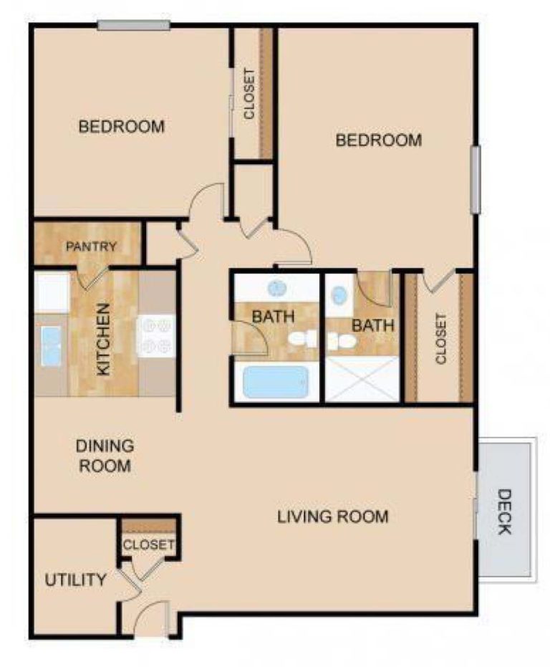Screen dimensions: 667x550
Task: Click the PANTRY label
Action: click(91, 246)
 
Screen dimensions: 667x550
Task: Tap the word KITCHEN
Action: click(103, 340)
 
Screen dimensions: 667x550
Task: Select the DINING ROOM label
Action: click(105, 456)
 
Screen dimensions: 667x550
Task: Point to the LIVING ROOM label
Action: click(333, 516)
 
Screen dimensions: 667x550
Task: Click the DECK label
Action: click(504, 512)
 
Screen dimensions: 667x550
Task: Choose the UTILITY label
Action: click(75, 580)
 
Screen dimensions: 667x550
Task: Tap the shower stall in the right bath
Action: click(362, 379)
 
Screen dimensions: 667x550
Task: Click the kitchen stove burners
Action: click(157, 335)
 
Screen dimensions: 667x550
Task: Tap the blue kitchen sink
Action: click(51, 346)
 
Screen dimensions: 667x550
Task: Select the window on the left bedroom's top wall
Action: click(133, 26)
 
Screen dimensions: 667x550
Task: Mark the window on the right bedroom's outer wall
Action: click(474, 179)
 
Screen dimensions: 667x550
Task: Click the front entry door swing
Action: click(152, 617)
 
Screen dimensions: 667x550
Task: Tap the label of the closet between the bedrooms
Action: click(249, 93)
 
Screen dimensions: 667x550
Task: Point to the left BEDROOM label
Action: click(122, 127)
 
